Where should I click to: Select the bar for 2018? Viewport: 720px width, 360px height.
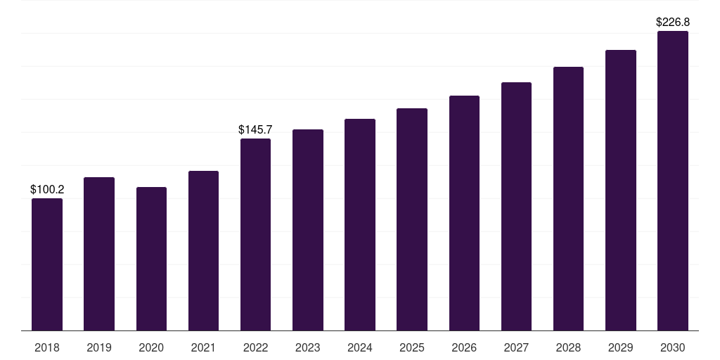(47, 264)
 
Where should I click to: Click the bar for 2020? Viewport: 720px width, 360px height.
(152, 259)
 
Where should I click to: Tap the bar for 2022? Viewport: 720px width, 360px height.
(255, 235)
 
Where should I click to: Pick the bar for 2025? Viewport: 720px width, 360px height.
(412, 219)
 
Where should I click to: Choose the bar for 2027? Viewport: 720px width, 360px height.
(516, 207)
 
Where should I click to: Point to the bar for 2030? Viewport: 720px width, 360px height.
(673, 181)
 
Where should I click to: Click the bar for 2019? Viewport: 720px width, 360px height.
(99, 254)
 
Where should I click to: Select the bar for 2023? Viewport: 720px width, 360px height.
(308, 230)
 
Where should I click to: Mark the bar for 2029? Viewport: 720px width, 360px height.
(621, 190)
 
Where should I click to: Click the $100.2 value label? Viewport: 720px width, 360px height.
(47, 189)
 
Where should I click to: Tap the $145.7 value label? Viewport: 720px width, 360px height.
(255, 129)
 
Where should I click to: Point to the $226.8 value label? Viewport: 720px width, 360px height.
(673, 22)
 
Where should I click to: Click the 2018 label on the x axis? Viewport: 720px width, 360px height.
(47, 347)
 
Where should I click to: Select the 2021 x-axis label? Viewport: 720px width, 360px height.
(203, 347)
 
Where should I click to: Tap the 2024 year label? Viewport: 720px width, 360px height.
(360, 347)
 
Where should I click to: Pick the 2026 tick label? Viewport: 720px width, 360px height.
(464, 347)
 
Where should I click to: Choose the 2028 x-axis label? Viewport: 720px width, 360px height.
(568, 347)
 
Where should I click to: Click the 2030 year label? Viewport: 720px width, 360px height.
(673, 347)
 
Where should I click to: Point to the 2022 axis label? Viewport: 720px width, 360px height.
(255, 347)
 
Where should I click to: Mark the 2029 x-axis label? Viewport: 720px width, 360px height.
(621, 347)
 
